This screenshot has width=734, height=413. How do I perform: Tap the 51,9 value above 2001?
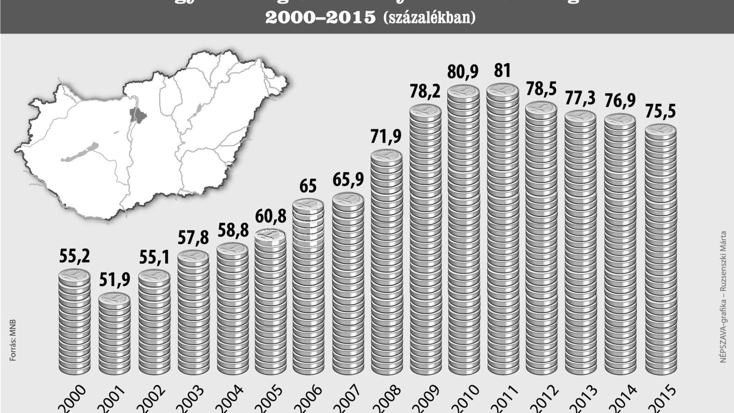coord(114,279)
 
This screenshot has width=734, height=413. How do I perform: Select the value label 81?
coord(502,71)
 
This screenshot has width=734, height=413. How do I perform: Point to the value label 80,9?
coord(463,72)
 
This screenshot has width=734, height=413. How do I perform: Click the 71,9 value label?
coord(386,136)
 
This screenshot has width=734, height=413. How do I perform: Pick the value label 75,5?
coord(661,112)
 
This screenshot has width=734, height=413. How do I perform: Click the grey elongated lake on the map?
coord(81,153)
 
